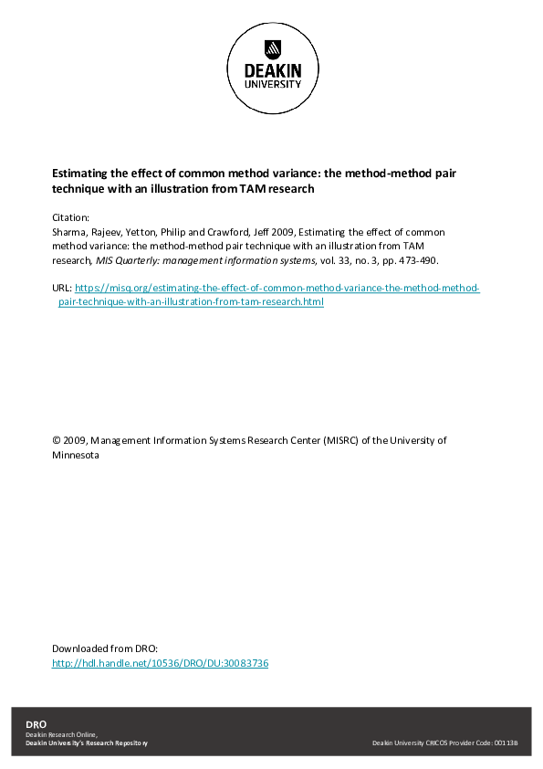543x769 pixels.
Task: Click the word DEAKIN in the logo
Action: (272, 71)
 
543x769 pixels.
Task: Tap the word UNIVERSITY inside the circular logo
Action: (272, 84)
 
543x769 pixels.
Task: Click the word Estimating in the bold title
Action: (78, 171)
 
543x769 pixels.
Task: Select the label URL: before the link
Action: (62, 288)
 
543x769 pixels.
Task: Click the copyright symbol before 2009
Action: (57, 440)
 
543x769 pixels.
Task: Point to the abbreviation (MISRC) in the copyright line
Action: (339, 440)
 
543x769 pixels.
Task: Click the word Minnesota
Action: (76, 454)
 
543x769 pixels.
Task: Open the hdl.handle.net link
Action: (160, 662)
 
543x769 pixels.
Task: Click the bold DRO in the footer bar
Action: (35, 724)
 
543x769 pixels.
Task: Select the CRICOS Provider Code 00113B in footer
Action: (506, 743)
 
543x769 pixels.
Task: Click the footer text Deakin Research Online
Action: (60, 734)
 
